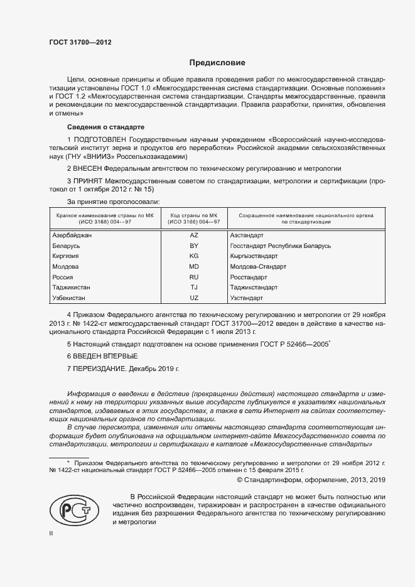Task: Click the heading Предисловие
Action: pyautogui.click(x=217, y=63)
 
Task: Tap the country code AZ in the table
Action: pyautogui.click(x=194, y=235)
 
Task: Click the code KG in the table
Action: pyautogui.click(x=194, y=256)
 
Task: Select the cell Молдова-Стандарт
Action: pyautogui.click(x=259, y=266)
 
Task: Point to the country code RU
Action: pyautogui.click(x=194, y=277)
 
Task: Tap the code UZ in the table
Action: pyautogui.click(x=194, y=298)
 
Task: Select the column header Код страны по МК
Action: pyautogui.click(x=194, y=215)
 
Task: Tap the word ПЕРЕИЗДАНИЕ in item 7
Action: pyautogui.click(x=100, y=369)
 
